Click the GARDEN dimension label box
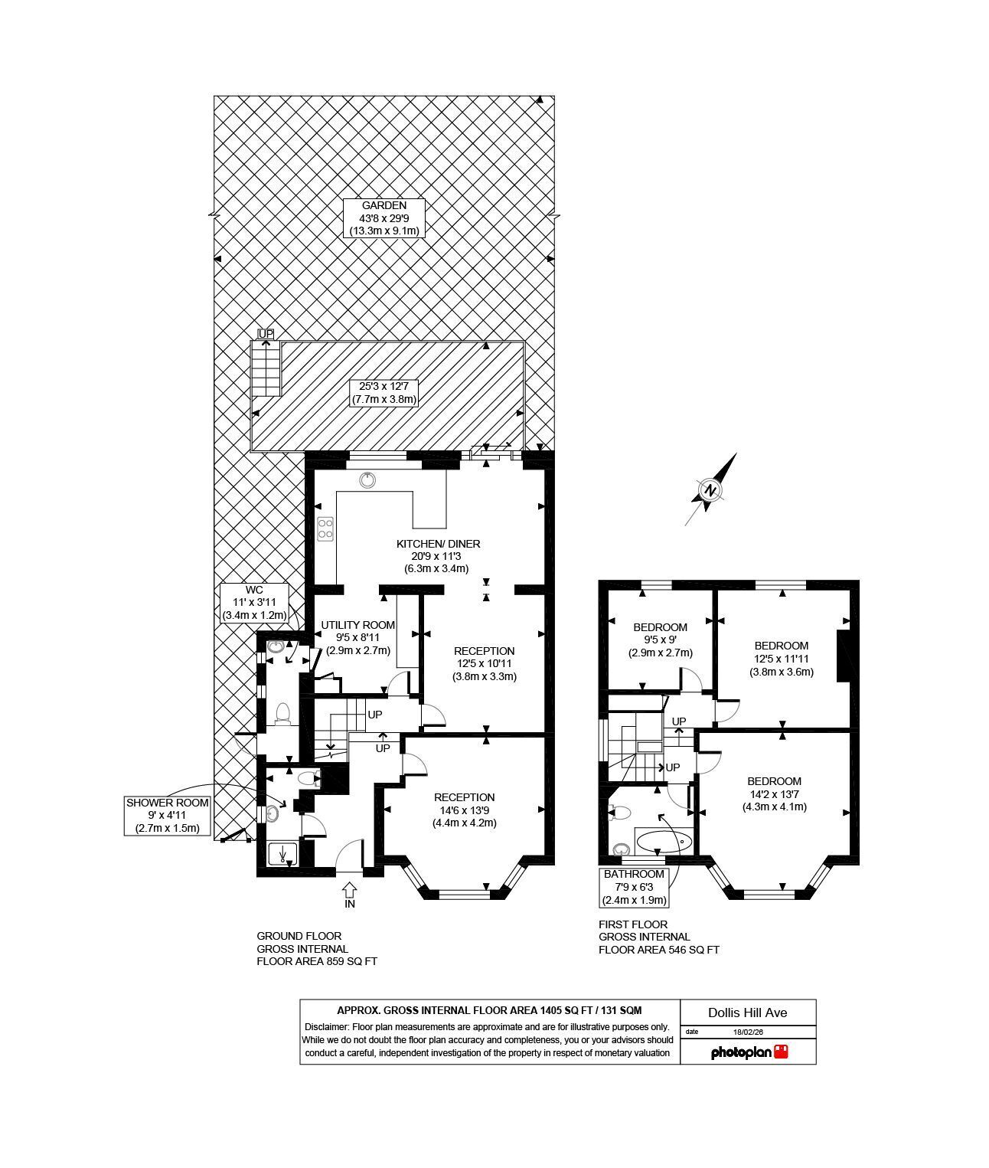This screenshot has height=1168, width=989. click(x=384, y=218)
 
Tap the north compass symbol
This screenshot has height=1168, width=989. click(x=710, y=490)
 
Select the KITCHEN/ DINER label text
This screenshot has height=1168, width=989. click(x=438, y=544)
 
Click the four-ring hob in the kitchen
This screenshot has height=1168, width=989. click(x=325, y=529)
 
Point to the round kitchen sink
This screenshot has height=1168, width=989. click(x=367, y=480)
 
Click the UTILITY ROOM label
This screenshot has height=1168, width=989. click(x=357, y=625)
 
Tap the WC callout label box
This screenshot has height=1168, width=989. click(x=254, y=602)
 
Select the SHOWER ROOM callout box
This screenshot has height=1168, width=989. click(x=167, y=816)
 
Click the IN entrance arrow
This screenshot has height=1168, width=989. click(x=350, y=895)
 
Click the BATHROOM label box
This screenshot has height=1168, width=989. click(x=634, y=887)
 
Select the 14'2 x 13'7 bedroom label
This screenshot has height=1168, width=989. click(x=774, y=794)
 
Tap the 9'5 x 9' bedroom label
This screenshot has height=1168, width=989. click(x=660, y=640)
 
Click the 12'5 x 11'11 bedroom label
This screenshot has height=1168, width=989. click(x=781, y=659)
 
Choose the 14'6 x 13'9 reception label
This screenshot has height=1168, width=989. click(x=465, y=810)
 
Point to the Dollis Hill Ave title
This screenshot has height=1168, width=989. click(x=747, y=1013)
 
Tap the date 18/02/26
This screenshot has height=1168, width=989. click(x=748, y=1032)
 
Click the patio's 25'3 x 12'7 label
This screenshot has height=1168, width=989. click(x=384, y=393)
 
